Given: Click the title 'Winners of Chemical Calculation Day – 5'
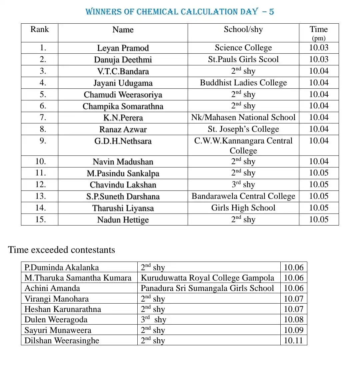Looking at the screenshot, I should [x=180, y=12].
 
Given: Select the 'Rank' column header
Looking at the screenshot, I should [x=39, y=29].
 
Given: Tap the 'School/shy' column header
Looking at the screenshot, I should [x=243, y=29].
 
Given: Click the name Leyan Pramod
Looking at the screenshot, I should [x=123, y=48].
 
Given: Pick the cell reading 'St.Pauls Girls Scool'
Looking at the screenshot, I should [x=243, y=59].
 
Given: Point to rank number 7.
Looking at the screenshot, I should [x=43, y=117].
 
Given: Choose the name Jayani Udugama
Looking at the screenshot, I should [x=123, y=83].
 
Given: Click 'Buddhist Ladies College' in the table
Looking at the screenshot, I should [x=243, y=83].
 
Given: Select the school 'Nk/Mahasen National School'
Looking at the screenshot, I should [x=243, y=117].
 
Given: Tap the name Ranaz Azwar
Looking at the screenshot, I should [x=123, y=129].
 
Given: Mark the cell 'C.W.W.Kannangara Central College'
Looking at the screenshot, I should [x=243, y=145].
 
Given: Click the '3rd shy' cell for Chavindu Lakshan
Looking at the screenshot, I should [x=243, y=184].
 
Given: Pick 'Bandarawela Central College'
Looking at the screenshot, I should [x=243, y=196].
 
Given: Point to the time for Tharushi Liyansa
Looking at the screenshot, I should [x=318, y=208].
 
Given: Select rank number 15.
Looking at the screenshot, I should [x=40, y=220].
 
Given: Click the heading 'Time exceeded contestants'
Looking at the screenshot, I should [x=62, y=250].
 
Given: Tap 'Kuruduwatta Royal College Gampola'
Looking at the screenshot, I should [x=207, y=278].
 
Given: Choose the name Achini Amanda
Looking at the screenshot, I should [x=52, y=288].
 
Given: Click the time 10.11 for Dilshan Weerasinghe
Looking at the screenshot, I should [x=293, y=341].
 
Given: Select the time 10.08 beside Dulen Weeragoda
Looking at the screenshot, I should [x=293, y=320].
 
